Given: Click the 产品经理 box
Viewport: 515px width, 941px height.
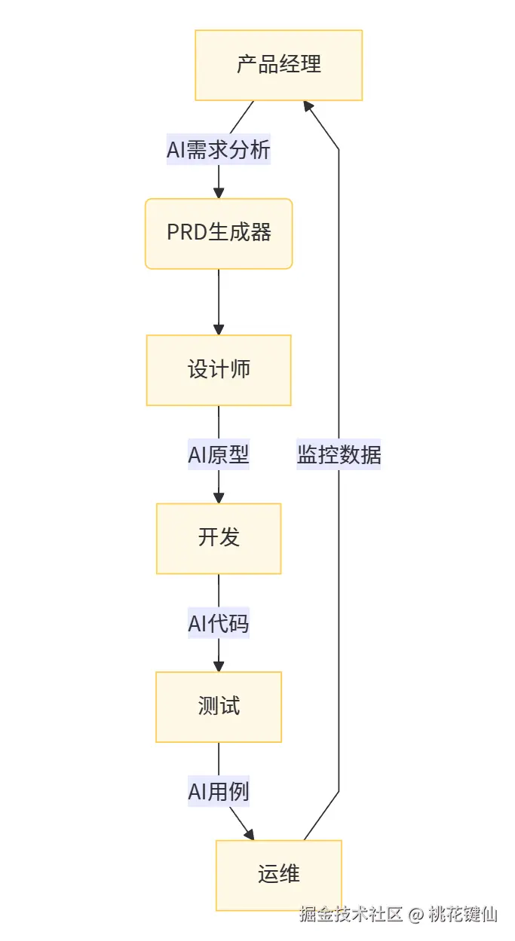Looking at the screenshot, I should [x=278, y=65].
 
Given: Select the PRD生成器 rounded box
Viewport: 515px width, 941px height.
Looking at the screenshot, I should [x=219, y=234].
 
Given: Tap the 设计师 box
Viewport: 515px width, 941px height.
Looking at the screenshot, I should [x=219, y=370].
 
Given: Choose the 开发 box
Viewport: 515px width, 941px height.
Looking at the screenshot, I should [x=219, y=538].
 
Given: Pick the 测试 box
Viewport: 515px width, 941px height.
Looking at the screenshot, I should [x=219, y=707].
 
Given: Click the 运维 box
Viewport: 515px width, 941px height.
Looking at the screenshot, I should [x=278, y=875].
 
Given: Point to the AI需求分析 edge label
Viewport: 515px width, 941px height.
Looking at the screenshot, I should [x=219, y=150].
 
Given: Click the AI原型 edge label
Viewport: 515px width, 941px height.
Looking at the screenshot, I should [x=219, y=455].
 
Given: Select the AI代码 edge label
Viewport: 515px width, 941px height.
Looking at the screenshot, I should [x=219, y=624].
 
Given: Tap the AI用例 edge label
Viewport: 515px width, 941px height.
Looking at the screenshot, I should [x=219, y=792].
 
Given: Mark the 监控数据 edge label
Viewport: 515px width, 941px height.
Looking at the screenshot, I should [x=339, y=455].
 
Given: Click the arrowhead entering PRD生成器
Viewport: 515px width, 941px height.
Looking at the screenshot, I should [x=219, y=192].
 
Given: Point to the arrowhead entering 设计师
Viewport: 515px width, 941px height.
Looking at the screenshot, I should [x=219, y=329].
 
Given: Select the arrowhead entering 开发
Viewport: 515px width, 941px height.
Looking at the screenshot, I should [x=219, y=497].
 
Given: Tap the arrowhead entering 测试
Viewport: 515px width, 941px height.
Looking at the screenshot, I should [x=219, y=666].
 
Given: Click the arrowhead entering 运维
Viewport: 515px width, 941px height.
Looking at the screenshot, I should [x=250, y=834].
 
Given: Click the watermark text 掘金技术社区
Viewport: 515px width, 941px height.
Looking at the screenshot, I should [x=351, y=915].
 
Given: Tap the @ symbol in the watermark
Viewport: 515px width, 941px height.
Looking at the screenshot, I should [x=416, y=915].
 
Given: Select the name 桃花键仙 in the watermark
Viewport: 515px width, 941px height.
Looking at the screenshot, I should [x=463, y=915].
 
